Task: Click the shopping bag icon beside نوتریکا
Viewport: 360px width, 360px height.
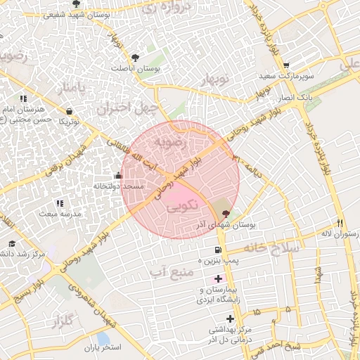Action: pyautogui.click(x=70, y=111)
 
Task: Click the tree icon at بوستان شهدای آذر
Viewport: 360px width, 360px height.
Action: pyautogui.click(x=225, y=214)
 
